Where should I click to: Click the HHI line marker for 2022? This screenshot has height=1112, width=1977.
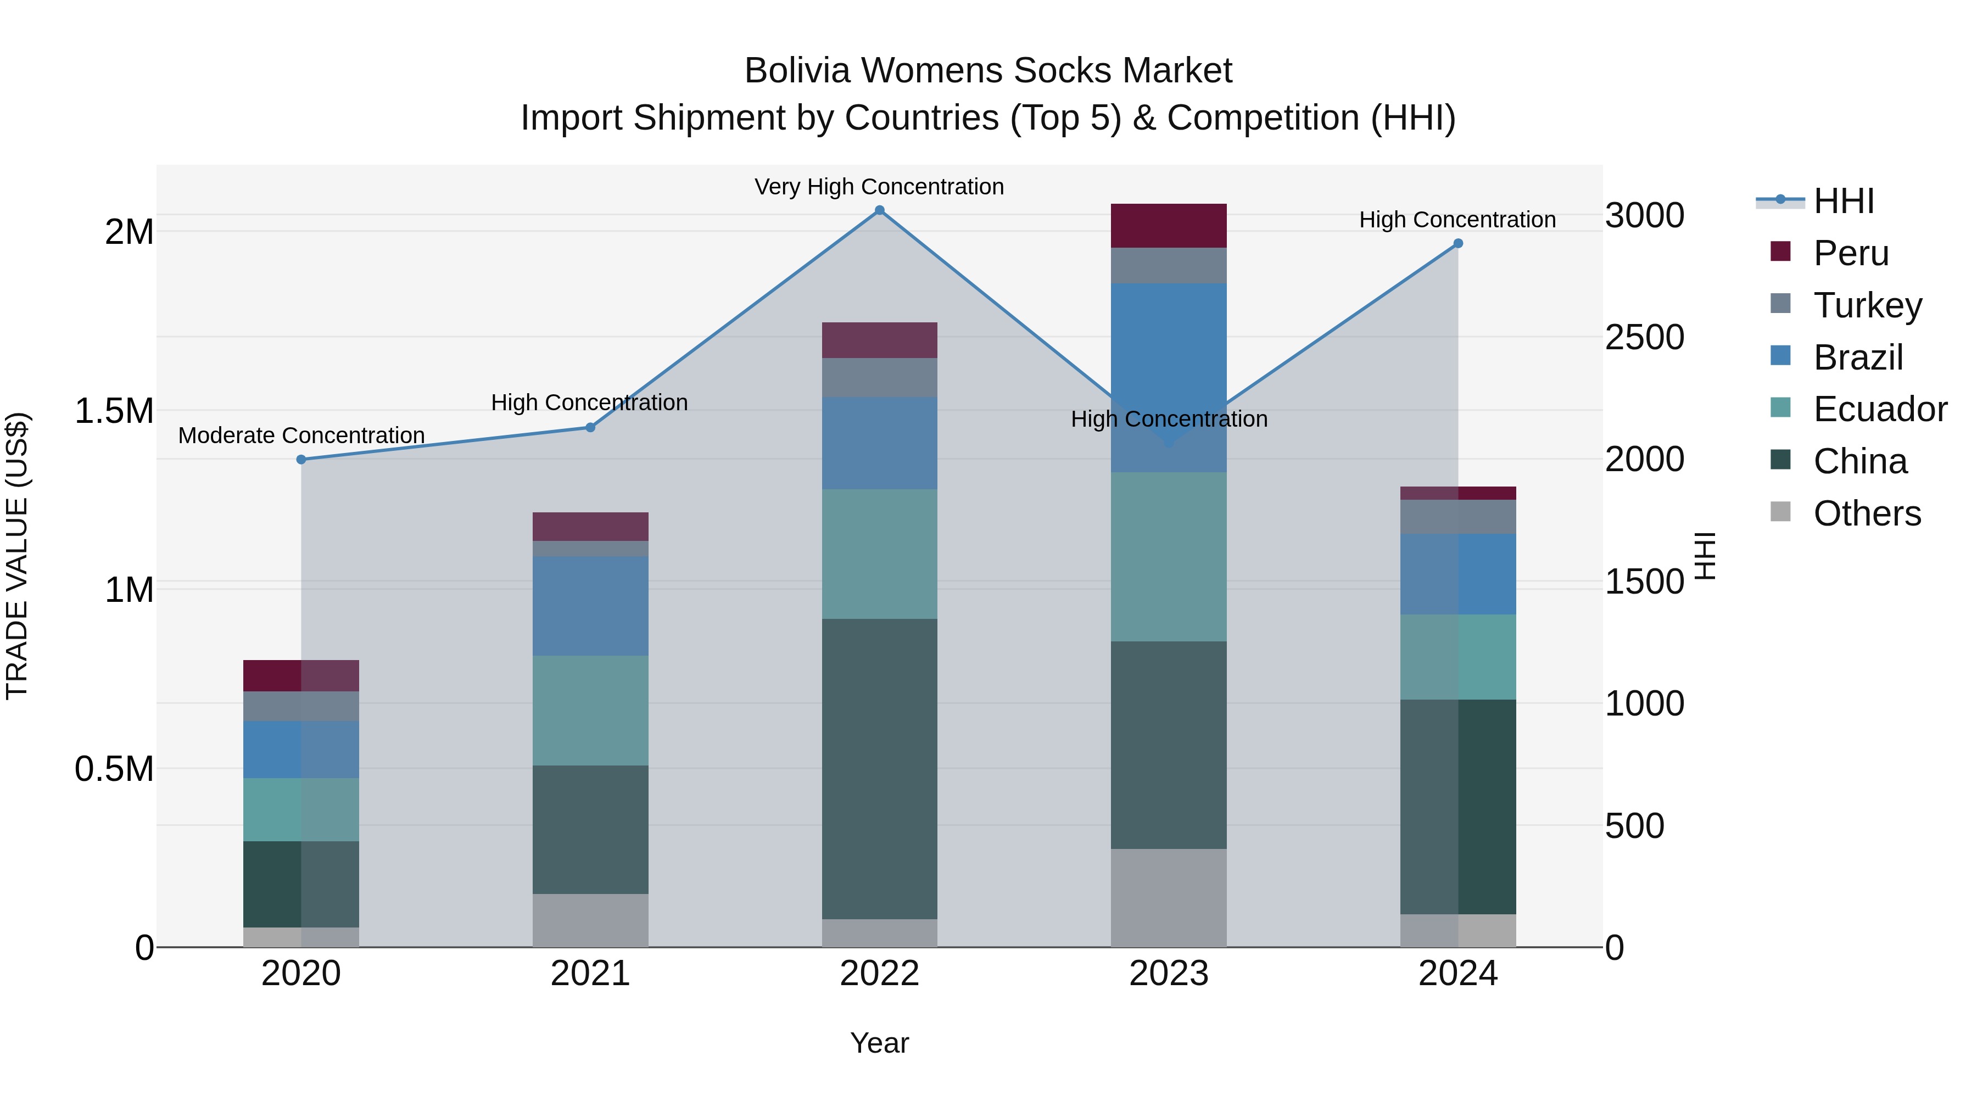[x=880, y=210]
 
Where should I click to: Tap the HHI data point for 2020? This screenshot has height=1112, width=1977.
[x=301, y=460]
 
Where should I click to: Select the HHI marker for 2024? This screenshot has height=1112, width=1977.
[x=1458, y=243]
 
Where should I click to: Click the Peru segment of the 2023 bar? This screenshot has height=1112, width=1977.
[x=1168, y=226]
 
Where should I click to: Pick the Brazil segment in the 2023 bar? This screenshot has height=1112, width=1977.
[x=1168, y=361]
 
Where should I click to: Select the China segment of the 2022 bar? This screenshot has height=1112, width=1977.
[x=880, y=768]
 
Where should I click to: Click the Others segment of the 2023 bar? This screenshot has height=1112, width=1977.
[x=1168, y=898]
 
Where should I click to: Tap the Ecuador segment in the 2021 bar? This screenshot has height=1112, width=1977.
[x=590, y=710]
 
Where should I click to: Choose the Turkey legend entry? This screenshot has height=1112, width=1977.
[x=1867, y=305]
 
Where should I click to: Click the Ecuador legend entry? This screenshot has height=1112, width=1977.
[x=1880, y=409]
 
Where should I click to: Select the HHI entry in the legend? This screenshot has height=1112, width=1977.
[x=1844, y=201]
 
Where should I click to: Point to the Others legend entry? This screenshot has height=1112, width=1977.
[x=1867, y=513]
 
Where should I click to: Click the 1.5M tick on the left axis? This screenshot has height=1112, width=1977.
[x=114, y=411]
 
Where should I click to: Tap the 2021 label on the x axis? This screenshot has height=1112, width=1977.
[x=590, y=974]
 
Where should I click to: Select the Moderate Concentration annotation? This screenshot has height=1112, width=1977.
[x=301, y=435]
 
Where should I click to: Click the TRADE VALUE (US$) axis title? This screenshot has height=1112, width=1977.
[x=17, y=556]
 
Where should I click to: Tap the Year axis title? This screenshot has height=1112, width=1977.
[x=880, y=1043]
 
